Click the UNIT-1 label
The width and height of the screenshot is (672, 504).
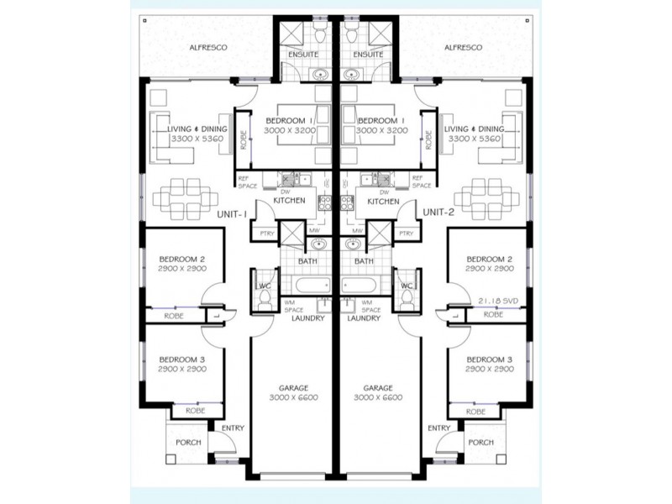click(x=232, y=214)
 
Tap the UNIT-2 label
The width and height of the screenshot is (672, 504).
click(x=438, y=212)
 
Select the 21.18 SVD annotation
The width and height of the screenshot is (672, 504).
click(x=498, y=302)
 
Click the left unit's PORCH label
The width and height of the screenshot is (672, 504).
click(x=188, y=443)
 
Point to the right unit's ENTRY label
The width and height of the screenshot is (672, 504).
click(x=438, y=428)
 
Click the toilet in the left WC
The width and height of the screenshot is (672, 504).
click(x=265, y=297)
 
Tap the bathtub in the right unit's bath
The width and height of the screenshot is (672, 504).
click(x=360, y=285)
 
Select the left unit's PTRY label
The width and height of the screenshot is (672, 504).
click(x=267, y=234)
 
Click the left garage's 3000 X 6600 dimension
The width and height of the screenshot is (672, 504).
click(x=293, y=397)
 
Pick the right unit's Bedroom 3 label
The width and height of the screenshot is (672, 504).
click(x=490, y=360)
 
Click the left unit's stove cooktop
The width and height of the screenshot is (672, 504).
click(x=324, y=202)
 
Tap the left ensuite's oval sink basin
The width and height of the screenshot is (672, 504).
click(x=320, y=75)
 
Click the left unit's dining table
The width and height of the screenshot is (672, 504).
click(x=185, y=198)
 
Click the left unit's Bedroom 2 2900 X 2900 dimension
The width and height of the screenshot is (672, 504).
click(x=182, y=269)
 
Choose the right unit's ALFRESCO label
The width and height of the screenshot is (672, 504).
click(x=463, y=48)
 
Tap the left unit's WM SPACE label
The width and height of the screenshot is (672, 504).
click(x=294, y=306)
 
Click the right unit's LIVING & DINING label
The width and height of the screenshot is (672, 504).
click(x=474, y=129)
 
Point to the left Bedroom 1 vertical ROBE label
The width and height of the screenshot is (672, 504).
click(x=244, y=140)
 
